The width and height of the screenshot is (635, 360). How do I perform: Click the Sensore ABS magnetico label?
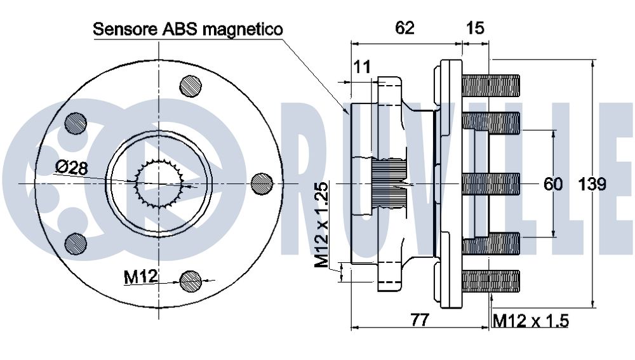[188, 29]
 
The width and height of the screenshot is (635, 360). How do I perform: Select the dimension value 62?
[404, 28]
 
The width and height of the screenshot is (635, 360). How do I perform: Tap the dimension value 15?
[475, 28]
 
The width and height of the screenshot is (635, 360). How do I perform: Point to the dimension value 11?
[362, 67]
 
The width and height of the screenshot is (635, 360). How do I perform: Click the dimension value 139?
[592, 184]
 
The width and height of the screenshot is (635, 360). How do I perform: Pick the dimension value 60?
[553, 184]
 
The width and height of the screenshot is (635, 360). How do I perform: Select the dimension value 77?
[420, 320]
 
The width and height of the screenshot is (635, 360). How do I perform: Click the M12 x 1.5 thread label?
[531, 321]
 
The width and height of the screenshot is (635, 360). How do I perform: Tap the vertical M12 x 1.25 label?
[323, 225]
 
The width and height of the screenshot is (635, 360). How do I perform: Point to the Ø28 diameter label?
[71, 167]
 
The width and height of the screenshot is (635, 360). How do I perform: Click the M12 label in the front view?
[140, 277]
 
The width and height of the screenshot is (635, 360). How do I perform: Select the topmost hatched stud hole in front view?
[190, 86]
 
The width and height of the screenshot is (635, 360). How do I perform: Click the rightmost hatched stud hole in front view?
[262, 184]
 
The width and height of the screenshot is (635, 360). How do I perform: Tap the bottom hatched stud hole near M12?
[190, 281]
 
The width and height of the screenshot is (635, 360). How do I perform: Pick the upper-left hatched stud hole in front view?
[76, 123]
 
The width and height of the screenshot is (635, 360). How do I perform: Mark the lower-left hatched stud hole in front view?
[76, 244]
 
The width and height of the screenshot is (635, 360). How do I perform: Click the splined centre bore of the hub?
[159, 184]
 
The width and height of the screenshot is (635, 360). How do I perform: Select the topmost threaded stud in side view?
[491, 86]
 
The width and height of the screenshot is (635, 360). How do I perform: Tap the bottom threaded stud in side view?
[491, 281]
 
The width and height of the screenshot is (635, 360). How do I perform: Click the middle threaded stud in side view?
[491, 184]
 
